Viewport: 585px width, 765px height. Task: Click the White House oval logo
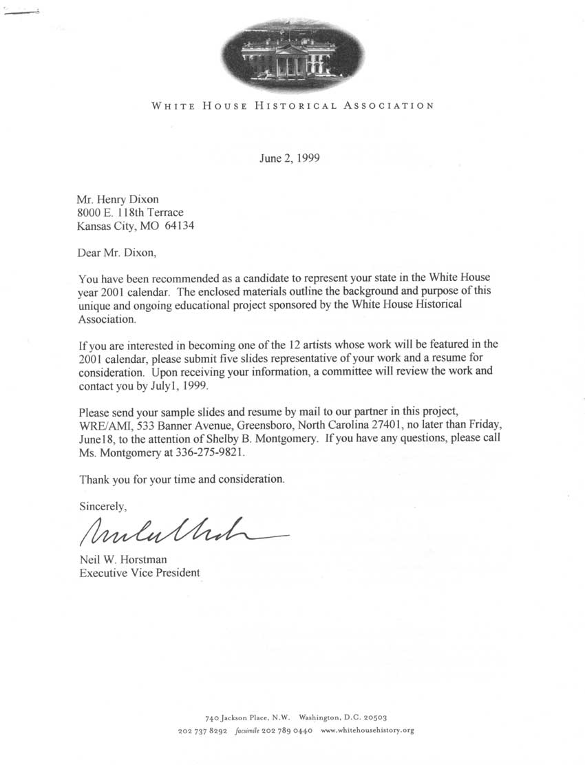pos(294,56)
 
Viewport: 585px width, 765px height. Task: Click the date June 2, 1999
pos(289,158)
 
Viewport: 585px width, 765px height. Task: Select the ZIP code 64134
pos(180,227)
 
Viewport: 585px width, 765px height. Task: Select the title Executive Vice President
pos(140,572)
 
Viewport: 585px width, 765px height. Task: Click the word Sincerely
pos(103,506)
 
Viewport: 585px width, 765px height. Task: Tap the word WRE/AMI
pos(103,426)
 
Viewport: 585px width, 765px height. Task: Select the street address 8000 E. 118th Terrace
pos(130,213)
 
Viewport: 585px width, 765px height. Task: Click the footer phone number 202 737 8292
pos(202,731)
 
